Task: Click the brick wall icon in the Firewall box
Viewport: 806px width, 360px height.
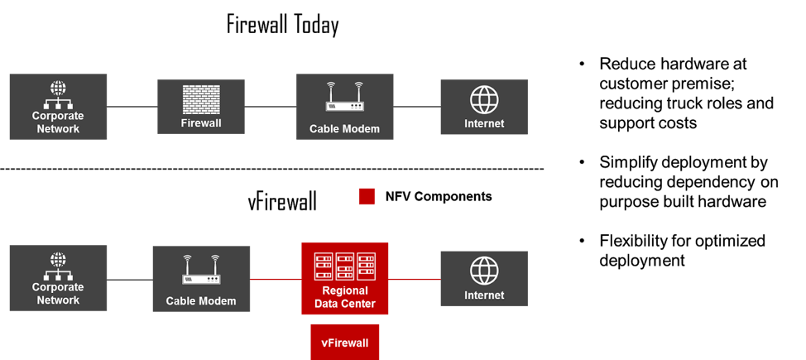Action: tap(201, 99)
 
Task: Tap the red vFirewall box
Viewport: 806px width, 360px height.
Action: tap(345, 341)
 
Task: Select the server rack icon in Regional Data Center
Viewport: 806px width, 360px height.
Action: tap(345, 265)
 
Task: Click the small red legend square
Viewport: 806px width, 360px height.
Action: tap(367, 197)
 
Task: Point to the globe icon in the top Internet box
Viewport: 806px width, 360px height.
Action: tap(484, 100)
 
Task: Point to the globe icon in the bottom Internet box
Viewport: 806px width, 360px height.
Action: tap(484, 271)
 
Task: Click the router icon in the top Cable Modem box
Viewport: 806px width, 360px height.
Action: tap(344, 98)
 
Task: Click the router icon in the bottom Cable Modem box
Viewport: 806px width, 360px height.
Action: tap(201, 269)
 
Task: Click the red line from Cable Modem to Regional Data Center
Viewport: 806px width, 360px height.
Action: tap(276, 279)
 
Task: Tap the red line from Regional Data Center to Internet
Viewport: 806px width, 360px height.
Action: tap(415, 279)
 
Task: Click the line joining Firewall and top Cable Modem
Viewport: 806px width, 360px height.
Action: tap(271, 107)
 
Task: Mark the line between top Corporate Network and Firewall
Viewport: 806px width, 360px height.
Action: tap(132, 107)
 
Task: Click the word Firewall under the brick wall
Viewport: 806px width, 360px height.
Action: tap(201, 124)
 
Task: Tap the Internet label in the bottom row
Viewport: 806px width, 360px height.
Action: tap(484, 295)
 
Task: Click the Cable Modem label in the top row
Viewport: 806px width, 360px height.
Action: tap(344, 128)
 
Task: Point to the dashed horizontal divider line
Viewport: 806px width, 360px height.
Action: tap(273, 170)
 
